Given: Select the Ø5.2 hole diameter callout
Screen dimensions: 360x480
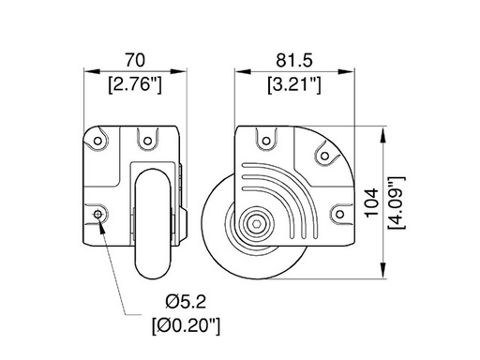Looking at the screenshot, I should (x=187, y=301).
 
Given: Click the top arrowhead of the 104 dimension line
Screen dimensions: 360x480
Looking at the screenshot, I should (x=383, y=130).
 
